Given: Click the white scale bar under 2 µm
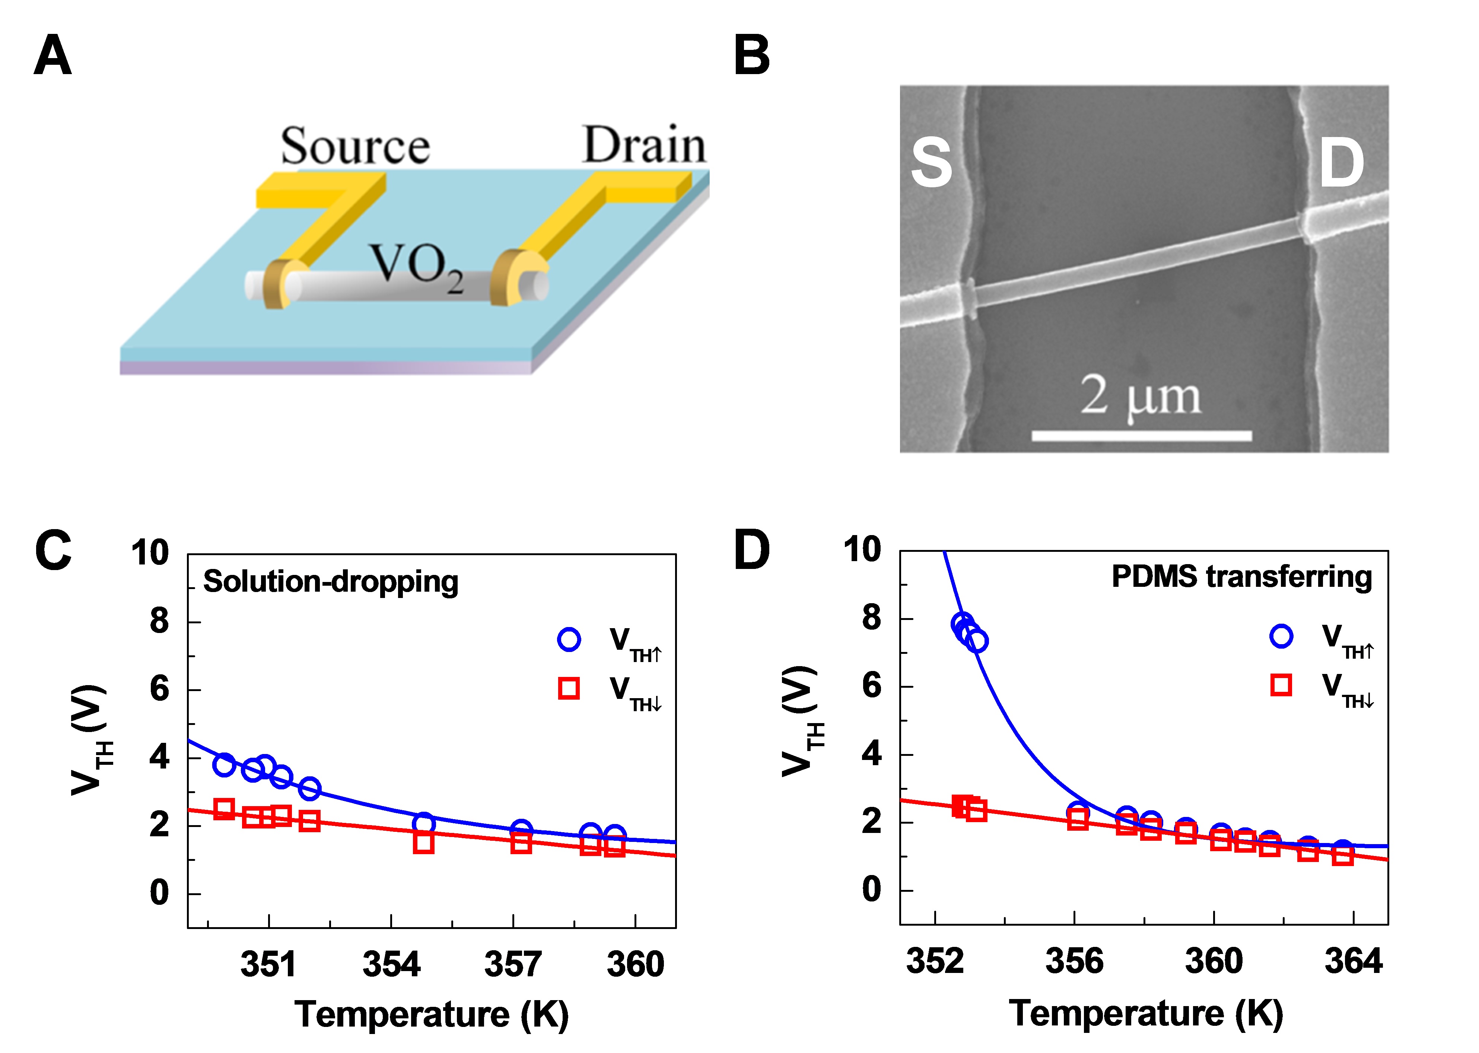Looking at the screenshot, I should coord(1141,435).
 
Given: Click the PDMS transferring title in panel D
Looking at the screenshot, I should coord(1242,576).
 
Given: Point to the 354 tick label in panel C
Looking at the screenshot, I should coord(391,964).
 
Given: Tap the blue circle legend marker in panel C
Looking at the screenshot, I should coord(569,639).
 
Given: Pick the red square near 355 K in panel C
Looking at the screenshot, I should coord(423,843).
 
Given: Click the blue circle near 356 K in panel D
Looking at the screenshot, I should coord(1078,811).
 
